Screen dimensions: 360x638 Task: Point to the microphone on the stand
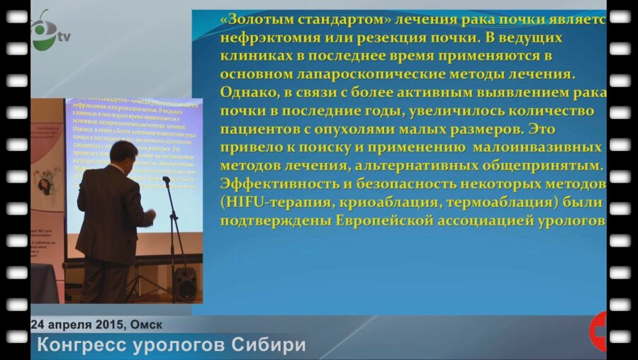pyautogui.click(x=166, y=181)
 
